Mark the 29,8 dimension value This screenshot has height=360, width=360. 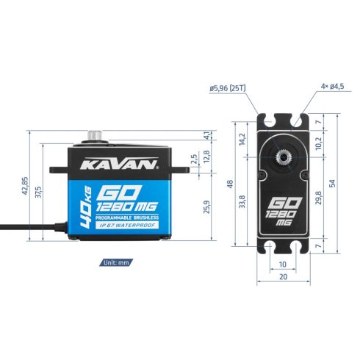click(317, 201)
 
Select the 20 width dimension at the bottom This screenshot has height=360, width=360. click(283, 276)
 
